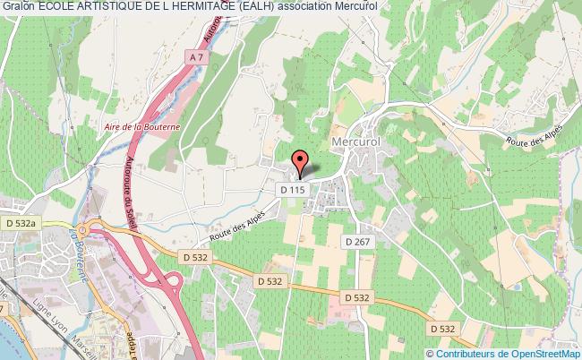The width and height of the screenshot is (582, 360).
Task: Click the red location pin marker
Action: point(301,163)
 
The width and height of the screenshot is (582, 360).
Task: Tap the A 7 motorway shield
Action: point(194,57)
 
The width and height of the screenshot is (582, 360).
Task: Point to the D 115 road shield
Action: point(293,190)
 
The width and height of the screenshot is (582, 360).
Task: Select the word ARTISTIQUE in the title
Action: point(113,6)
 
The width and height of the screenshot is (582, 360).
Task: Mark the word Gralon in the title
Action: point(17,6)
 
